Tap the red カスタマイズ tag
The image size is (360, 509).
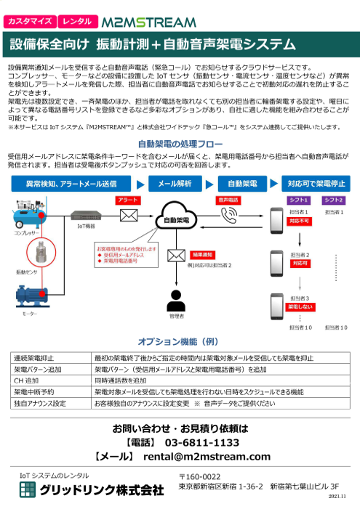[x=28, y=23]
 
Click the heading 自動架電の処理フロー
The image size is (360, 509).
[x=180, y=144]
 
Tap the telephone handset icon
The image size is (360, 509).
[x=230, y=215]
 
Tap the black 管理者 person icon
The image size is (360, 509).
[x=176, y=299]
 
